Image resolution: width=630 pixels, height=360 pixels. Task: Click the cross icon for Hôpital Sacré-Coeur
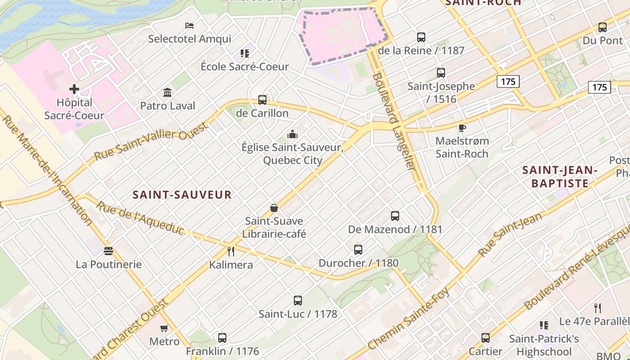(x=74, y=89)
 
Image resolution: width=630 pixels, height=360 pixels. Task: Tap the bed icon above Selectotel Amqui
(x=189, y=25)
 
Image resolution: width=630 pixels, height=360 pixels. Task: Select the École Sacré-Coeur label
(x=244, y=67)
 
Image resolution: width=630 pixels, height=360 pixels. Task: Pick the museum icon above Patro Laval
(x=168, y=92)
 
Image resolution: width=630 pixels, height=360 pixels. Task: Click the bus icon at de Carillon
(x=262, y=100)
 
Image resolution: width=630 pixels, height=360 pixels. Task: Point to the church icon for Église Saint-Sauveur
(x=292, y=134)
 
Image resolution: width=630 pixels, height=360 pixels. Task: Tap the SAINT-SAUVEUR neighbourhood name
(x=182, y=195)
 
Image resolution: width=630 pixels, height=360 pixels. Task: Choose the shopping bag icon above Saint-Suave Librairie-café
(x=274, y=207)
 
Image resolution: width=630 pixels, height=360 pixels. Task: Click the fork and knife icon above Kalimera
(x=231, y=251)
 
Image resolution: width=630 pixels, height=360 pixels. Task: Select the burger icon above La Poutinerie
(x=108, y=251)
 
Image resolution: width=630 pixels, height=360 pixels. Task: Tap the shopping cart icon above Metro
(x=164, y=328)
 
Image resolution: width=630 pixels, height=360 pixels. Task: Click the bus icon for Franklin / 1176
(x=222, y=337)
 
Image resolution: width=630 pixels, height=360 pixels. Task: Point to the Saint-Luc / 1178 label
(x=297, y=314)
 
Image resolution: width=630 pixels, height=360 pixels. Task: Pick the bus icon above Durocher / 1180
(x=358, y=249)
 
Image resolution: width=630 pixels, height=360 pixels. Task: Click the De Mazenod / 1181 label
(x=395, y=229)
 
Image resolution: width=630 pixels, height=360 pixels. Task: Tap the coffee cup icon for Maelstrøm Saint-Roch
(x=462, y=128)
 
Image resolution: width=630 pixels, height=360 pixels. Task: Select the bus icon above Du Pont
(x=603, y=27)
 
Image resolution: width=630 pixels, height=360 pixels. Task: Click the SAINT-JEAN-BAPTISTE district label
(x=560, y=176)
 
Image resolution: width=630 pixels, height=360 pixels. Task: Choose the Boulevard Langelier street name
(x=392, y=121)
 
